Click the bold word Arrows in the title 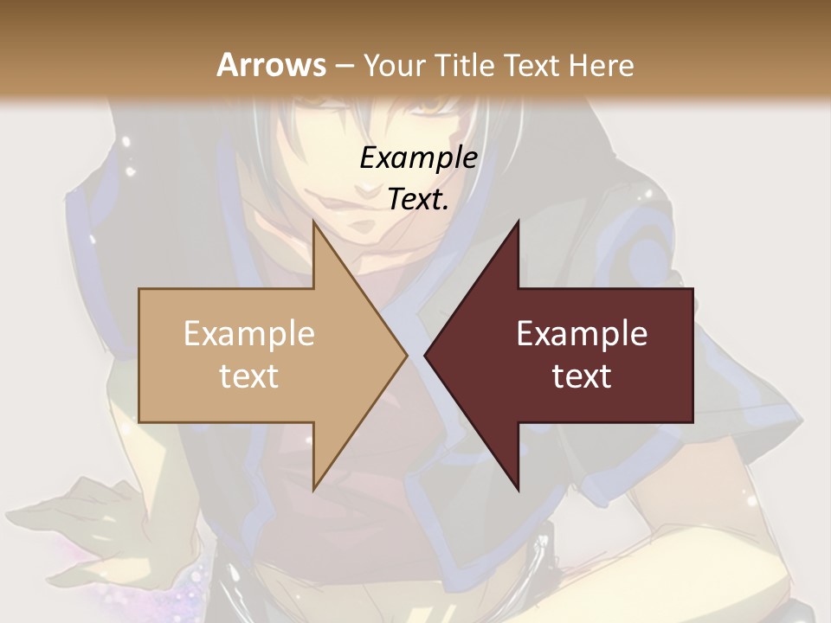pyautogui.click(x=271, y=65)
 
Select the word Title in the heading pyautogui.click(x=471, y=65)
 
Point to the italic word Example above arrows pyautogui.click(x=418, y=158)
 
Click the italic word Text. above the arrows pyautogui.click(x=418, y=200)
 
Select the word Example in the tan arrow pyautogui.click(x=249, y=334)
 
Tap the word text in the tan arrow pyautogui.click(x=249, y=376)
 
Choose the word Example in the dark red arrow pyautogui.click(x=582, y=334)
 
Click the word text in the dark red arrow pyautogui.click(x=582, y=376)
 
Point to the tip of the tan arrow pyautogui.click(x=405, y=355)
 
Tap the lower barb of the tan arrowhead pyautogui.click(x=316, y=485)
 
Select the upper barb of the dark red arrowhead pyautogui.click(x=516, y=227)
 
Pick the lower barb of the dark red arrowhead pyautogui.click(x=516, y=485)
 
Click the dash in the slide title pyautogui.click(x=344, y=66)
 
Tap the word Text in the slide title pyautogui.click(x=531, y=65)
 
